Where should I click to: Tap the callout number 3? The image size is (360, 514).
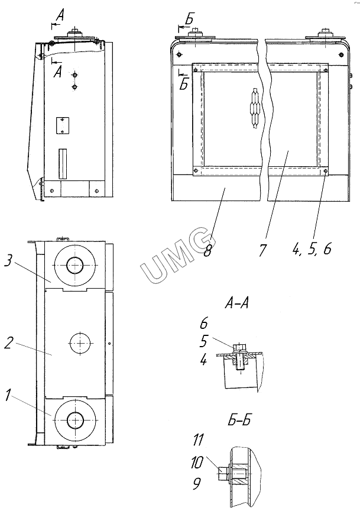coord(9,262)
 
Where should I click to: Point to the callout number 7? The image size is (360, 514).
coord(262,250)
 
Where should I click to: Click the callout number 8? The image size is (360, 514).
coord(207,251)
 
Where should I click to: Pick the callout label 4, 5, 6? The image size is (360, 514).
coord(312,249)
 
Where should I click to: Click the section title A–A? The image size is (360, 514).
coord(236,303)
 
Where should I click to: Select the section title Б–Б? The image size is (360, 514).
coord(239,419)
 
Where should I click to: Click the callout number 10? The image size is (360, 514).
coord(197,462)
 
